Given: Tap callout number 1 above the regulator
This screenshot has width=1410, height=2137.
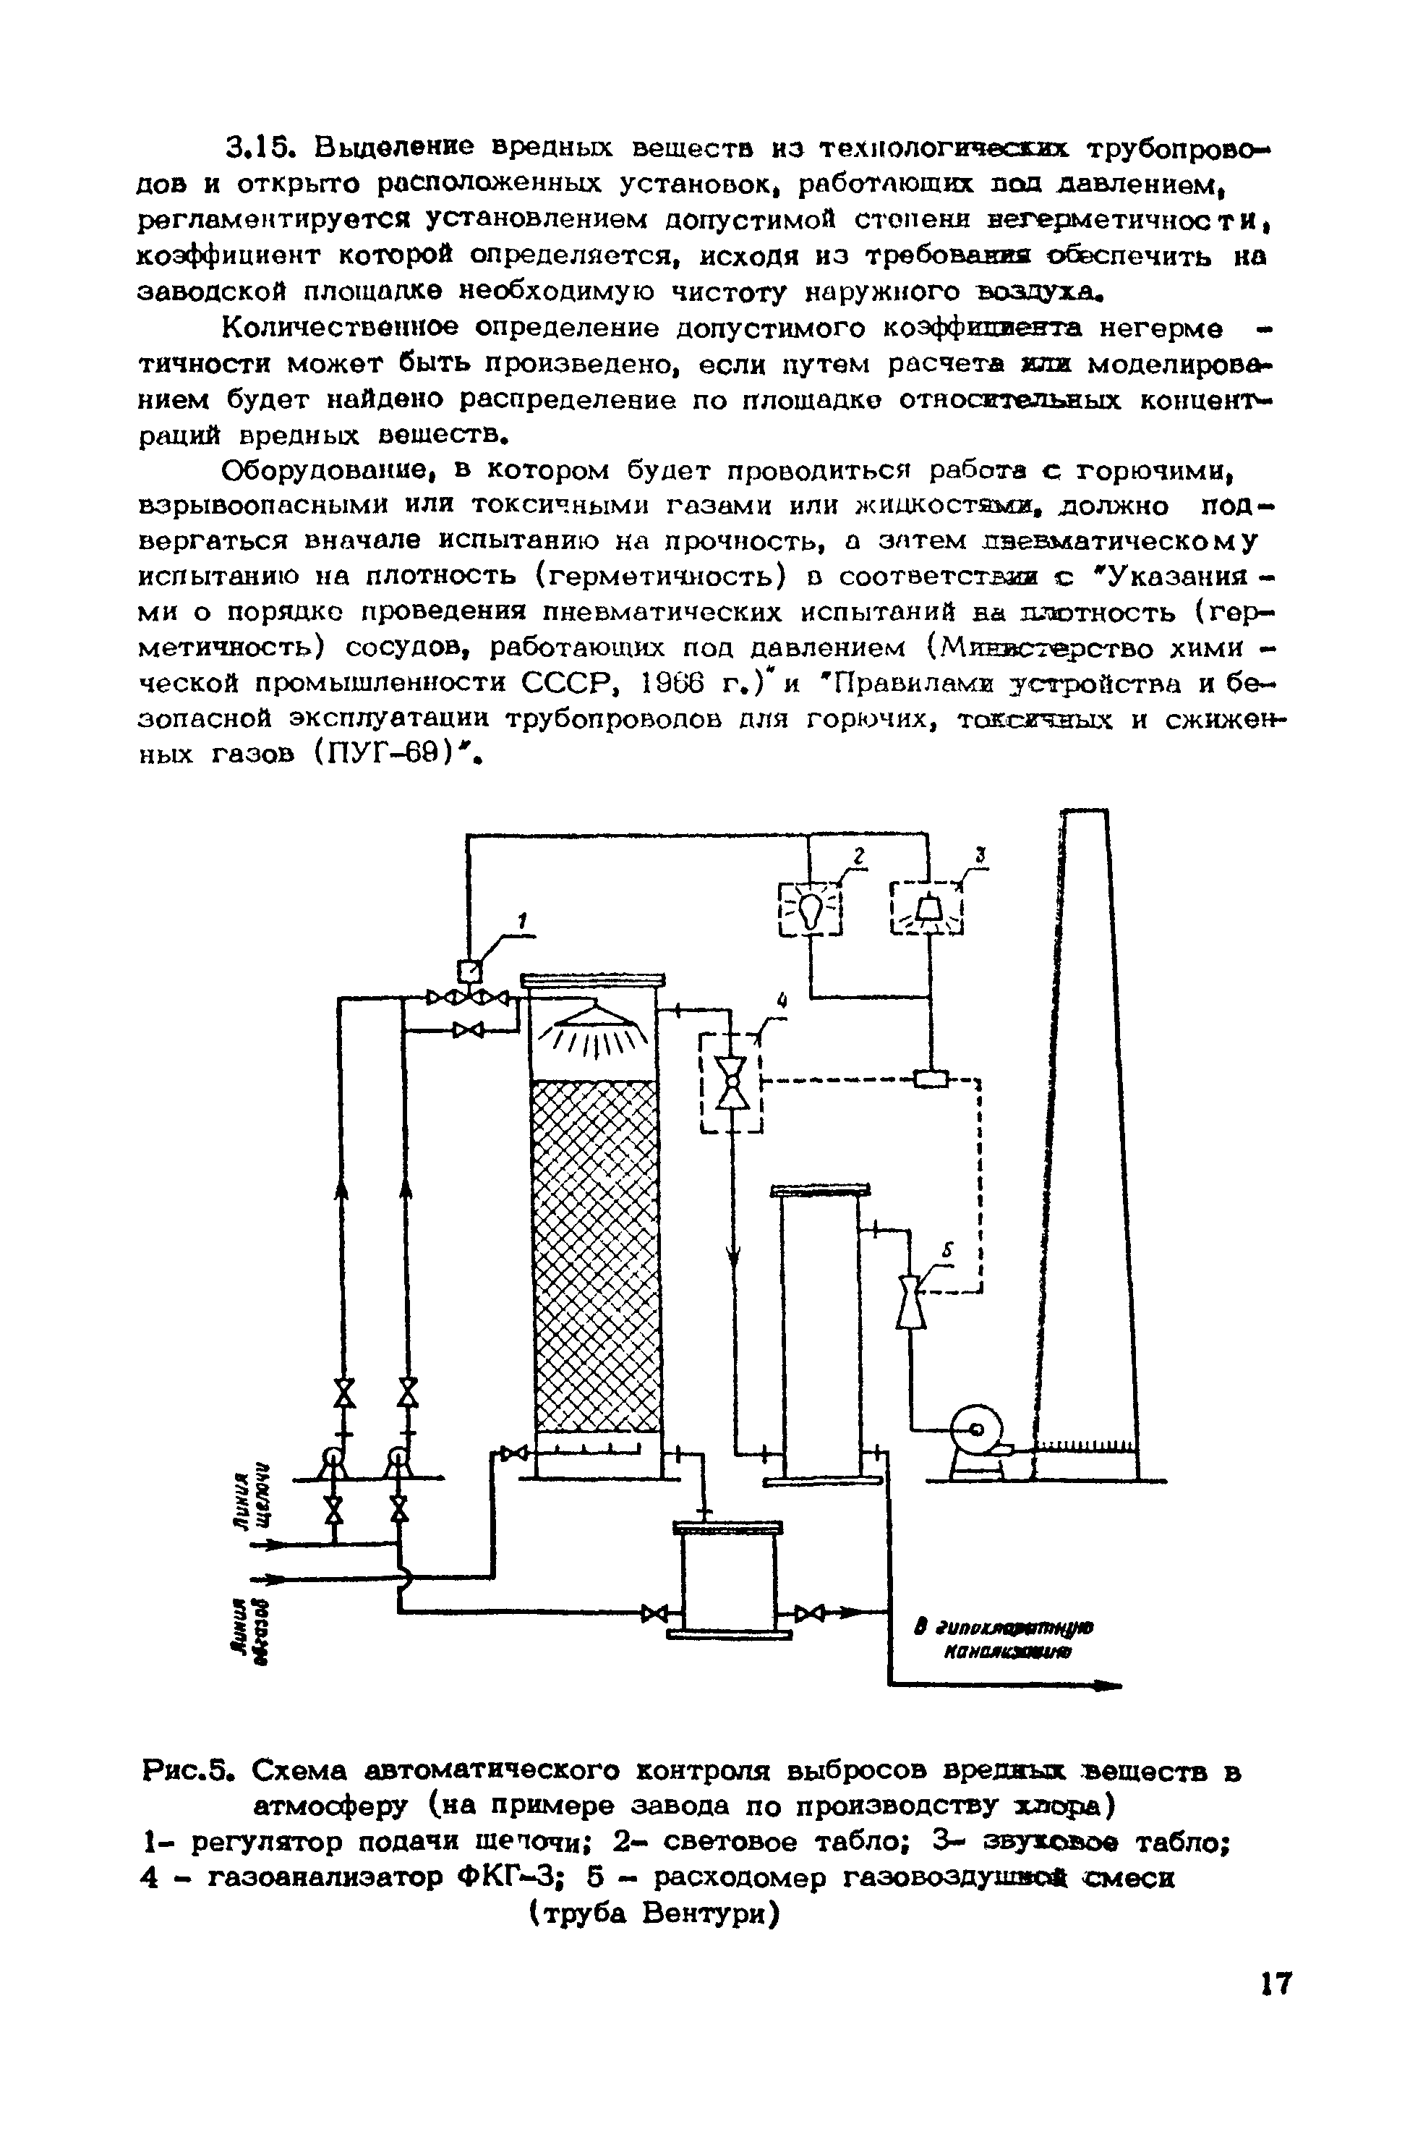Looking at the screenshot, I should click(x=519, y=920).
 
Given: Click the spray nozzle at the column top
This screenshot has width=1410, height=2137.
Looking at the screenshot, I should click(x=593, y=1019).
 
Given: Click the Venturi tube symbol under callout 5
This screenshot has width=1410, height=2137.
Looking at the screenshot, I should click(x=912, y=1301).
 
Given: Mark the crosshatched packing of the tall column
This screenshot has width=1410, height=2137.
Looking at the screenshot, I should click(x=594, y=1259).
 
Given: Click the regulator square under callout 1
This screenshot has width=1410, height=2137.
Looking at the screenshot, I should click(x=469, y=970).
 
